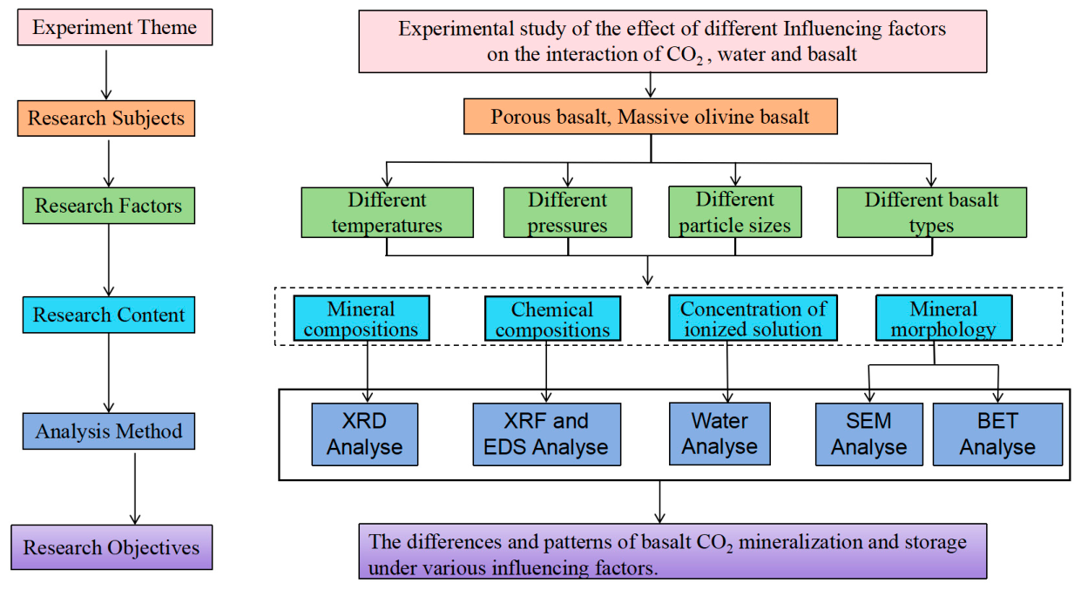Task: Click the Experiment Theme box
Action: (115, 27)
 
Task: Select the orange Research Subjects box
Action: (106, 119)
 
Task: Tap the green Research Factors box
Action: (109, 206)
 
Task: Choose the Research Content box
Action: (109, 315)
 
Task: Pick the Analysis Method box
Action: (109, 431)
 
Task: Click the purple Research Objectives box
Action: (111, 547)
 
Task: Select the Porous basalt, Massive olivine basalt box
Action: (651, 117)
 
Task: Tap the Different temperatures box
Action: (387, 213)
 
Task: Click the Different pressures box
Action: (568, 213)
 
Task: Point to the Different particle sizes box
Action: (735, 212)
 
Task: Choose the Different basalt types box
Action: (932, 213)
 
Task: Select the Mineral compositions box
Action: (361, 319)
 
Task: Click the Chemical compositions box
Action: (552, 319)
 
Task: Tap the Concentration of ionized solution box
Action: (753, 318)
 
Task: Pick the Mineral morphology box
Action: (944, 318)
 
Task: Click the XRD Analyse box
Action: (365, 435)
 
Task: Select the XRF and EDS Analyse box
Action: (547, 435)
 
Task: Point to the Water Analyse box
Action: (720, 434)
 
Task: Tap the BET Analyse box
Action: (997, 435)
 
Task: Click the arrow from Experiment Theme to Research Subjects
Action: (106, 74)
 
